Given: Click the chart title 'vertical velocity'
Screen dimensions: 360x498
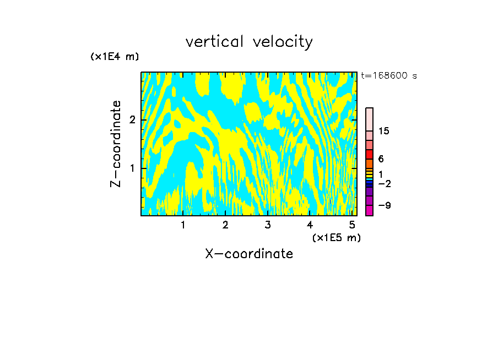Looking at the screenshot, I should tap(249, 42).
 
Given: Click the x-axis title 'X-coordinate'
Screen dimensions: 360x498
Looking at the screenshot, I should tap(249, 254).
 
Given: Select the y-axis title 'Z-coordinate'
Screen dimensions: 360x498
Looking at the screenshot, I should tap(116, 144).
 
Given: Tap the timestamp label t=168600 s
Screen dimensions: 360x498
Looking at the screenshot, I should tap(389, 76).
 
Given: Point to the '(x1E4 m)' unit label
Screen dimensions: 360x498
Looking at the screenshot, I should tap(115, 57).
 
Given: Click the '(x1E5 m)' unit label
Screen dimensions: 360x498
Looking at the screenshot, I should tap(336, 237).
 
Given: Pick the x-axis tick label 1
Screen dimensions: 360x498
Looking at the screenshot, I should tap(183, 225).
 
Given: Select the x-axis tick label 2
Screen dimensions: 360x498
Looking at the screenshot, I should tap(225, 225).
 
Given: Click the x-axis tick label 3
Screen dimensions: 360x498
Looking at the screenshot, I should tap(268, 225).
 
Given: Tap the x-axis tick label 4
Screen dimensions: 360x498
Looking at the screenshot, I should tap(310, 225).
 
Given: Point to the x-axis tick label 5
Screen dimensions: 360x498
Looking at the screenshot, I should tap(352, 225).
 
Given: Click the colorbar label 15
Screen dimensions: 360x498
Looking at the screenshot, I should tap(384, 131).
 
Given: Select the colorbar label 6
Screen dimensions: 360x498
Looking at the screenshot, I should tap(381, 159).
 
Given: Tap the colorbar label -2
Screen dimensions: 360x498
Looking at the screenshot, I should tap(384, 183).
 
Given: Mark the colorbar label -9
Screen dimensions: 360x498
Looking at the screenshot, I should tap(384, 205).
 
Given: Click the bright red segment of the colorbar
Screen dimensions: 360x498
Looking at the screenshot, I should tap(369, 154).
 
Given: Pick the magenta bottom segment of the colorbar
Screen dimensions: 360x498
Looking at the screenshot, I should tap(369, 210).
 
